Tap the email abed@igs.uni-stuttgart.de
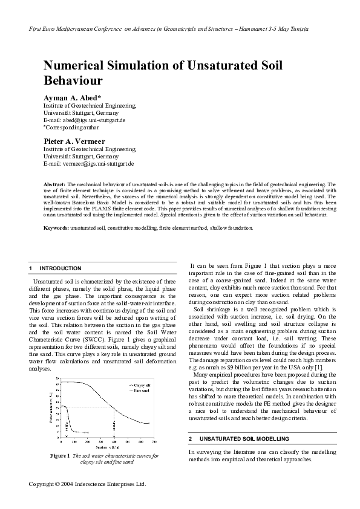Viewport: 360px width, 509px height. pyautogui.click(x=92, y=120)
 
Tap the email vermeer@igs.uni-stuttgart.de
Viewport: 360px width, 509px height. pyautogui.click(x=97, y=163)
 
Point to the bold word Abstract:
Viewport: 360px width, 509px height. pyautogui.click(x=55, y=183)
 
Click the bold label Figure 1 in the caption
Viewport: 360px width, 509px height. pyautogui.click(x=61, y=455)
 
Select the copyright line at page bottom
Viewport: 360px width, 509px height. pyautogui.click(x=88, y=484)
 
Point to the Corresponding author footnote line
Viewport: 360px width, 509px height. pyautogui.click(x=70, y=128)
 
